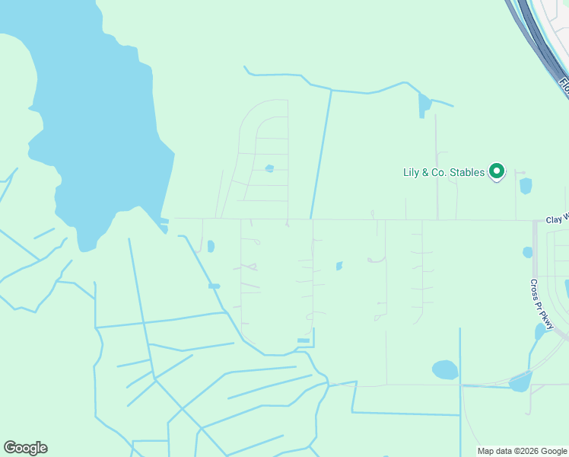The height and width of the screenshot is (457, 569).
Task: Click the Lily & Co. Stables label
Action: [x=443, y=173]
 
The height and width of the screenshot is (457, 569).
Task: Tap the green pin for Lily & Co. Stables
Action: [x=497, y=172]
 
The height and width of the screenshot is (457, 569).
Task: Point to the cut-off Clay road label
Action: [x=557, y=219]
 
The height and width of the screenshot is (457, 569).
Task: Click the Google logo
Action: [x=25, y=448]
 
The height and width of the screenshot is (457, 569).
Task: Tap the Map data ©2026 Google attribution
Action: [x=523, y=451]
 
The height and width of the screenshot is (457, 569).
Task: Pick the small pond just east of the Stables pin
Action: [x=526, y=186]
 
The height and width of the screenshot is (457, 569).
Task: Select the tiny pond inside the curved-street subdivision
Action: [x=269, y=168]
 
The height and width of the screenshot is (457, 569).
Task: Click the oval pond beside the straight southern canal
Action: [x=445, y=370]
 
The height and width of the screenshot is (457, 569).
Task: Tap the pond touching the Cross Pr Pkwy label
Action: [x=541, y=331]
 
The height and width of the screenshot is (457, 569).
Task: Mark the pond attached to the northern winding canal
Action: [x=424, y=105]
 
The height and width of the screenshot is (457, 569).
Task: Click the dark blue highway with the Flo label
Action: [x=537, y=38]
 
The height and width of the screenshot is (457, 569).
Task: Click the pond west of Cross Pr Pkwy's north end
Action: [x=527, y=252]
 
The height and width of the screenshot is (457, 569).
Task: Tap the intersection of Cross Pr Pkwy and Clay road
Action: [x=536, y=221]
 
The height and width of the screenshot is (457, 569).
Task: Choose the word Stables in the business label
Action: [x=466, y=173]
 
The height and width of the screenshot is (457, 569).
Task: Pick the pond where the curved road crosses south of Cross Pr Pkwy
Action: [x=520, y=381]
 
